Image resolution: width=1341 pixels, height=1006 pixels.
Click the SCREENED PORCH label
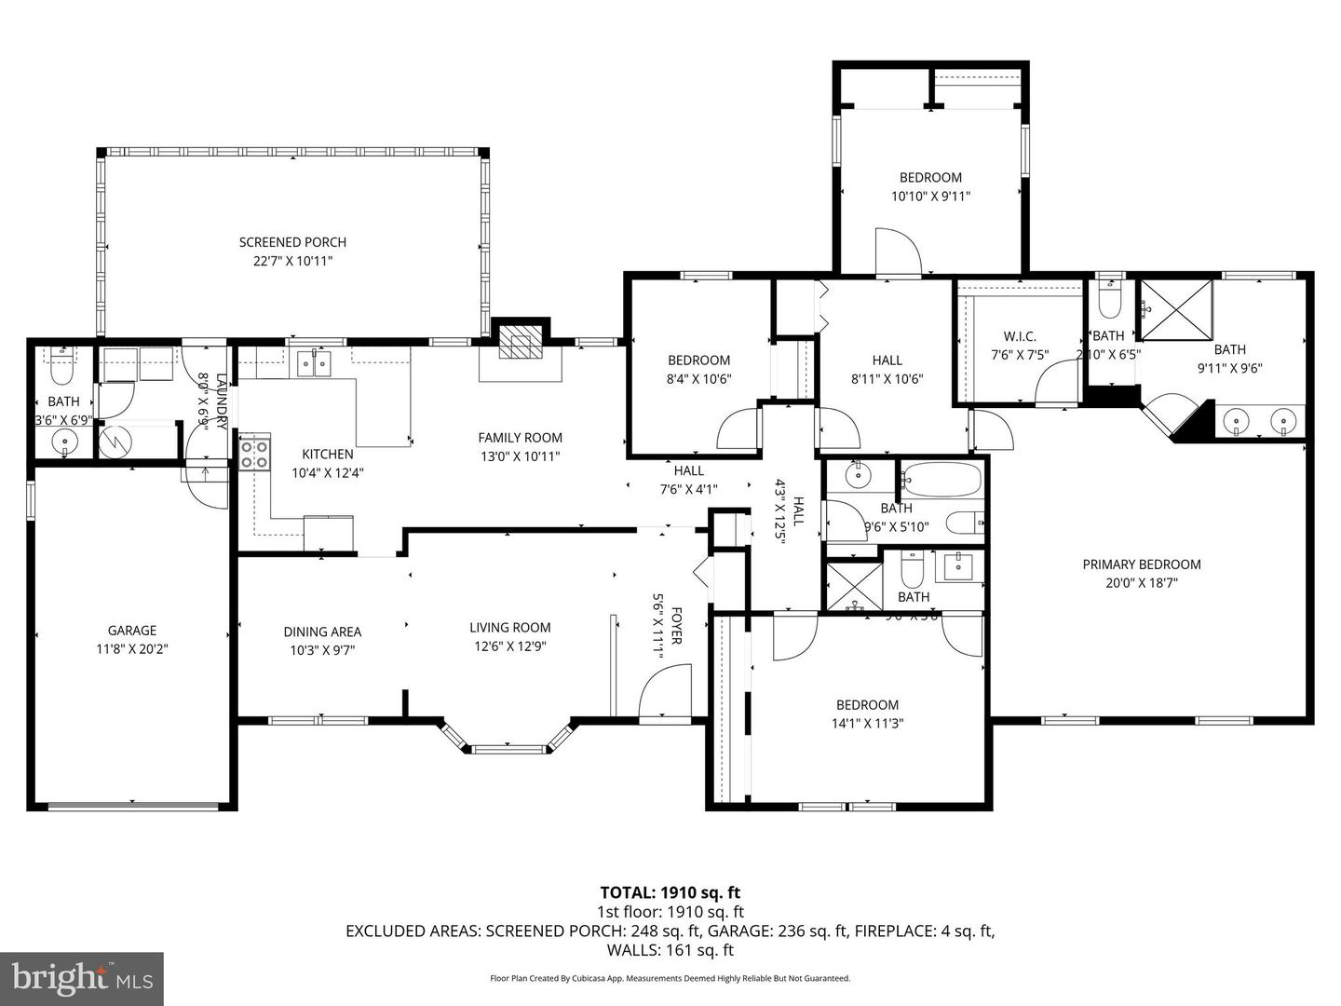(292, 242)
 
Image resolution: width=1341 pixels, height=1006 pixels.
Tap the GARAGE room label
(131, 631)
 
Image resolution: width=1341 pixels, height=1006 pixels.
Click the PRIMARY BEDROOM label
(1141, 564)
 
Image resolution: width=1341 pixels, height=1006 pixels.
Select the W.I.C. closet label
(1020, 336)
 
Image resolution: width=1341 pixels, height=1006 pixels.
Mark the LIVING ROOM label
(509, 628)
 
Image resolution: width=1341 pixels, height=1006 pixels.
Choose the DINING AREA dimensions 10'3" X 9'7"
(322, 651)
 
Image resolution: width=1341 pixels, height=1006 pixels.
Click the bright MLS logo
(81, 978)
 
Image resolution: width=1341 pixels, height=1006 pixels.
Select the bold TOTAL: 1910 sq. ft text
(670, 893)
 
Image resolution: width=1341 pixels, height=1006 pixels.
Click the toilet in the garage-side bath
(61, 368)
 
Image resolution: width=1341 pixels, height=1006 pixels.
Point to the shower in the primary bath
(1177, 309)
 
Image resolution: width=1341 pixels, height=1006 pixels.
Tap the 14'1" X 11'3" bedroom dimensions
(867, 724)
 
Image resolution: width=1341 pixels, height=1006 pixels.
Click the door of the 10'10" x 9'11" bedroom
(897, 251)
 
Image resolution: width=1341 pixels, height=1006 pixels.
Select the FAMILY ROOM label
(520, 438)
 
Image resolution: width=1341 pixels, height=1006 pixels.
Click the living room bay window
(508, 741)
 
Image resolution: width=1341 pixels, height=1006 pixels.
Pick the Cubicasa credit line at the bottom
(670, 978)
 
